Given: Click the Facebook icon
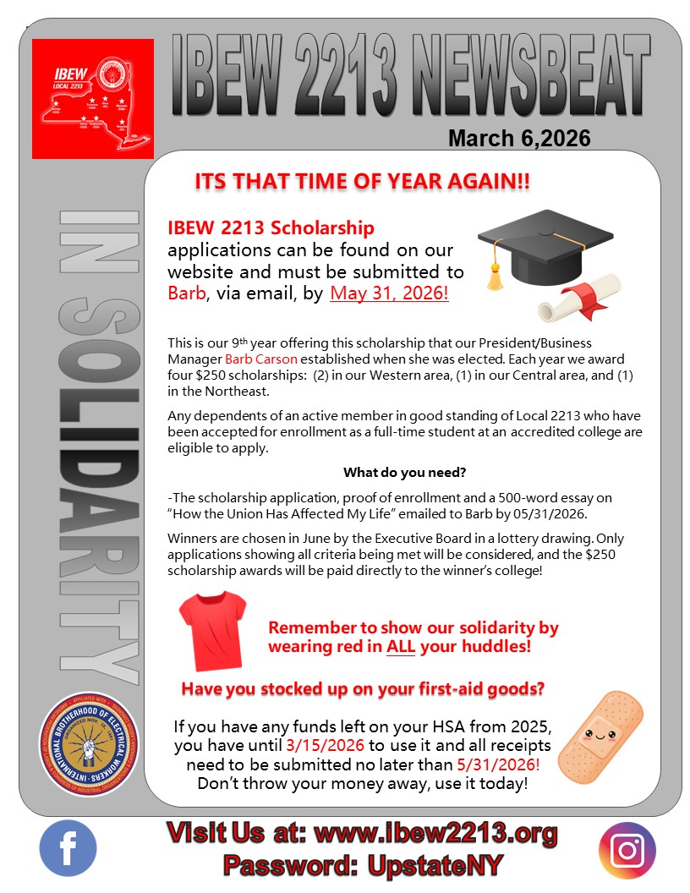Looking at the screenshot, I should tap(68, 848).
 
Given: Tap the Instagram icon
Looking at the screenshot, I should tap(627, 850).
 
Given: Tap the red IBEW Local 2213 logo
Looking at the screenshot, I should tap(93, 98).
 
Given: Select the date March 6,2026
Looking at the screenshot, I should tap(519, 138).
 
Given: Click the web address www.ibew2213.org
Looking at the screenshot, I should tap(435, 834).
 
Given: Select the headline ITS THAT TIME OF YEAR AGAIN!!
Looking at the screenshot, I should tap(363, 183).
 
